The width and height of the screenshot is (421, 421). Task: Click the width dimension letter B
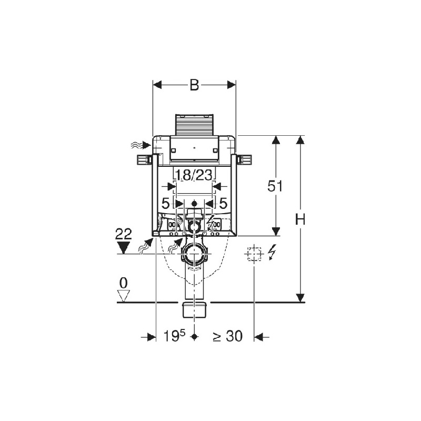(194, 85)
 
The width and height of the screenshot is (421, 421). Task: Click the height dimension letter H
(300, 219)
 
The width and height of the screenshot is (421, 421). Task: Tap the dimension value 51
(275, 186)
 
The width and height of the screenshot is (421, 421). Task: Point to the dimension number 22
(124, 234)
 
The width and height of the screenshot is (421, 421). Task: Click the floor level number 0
(123, 283)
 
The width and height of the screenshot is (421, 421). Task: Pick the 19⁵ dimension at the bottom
(175, 336)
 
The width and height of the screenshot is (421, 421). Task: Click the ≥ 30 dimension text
(228, 336)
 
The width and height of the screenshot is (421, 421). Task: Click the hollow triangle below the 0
(124, 296)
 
